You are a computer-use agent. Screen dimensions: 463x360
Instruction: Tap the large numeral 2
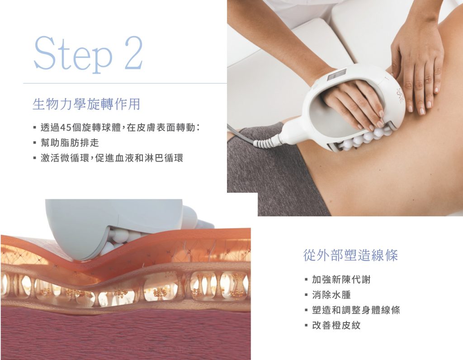point(134,53)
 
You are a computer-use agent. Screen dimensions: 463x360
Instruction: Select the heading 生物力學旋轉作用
point(86,104)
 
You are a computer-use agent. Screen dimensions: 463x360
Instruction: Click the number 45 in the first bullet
point(65,128)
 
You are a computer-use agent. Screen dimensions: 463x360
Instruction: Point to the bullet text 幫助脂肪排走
point(70,143)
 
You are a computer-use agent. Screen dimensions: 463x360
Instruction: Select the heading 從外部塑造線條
point(350,255)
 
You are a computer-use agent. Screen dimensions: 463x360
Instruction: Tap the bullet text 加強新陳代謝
point(341,280)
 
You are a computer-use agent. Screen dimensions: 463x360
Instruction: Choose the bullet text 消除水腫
point(331,295)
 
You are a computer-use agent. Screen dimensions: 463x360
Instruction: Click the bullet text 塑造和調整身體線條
point(356,310)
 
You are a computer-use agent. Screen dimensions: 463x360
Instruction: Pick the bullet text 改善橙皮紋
point(336,326)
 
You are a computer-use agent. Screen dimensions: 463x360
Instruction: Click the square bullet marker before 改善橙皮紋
point(306,326)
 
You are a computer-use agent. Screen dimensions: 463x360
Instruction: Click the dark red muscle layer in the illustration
point(126,333)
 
